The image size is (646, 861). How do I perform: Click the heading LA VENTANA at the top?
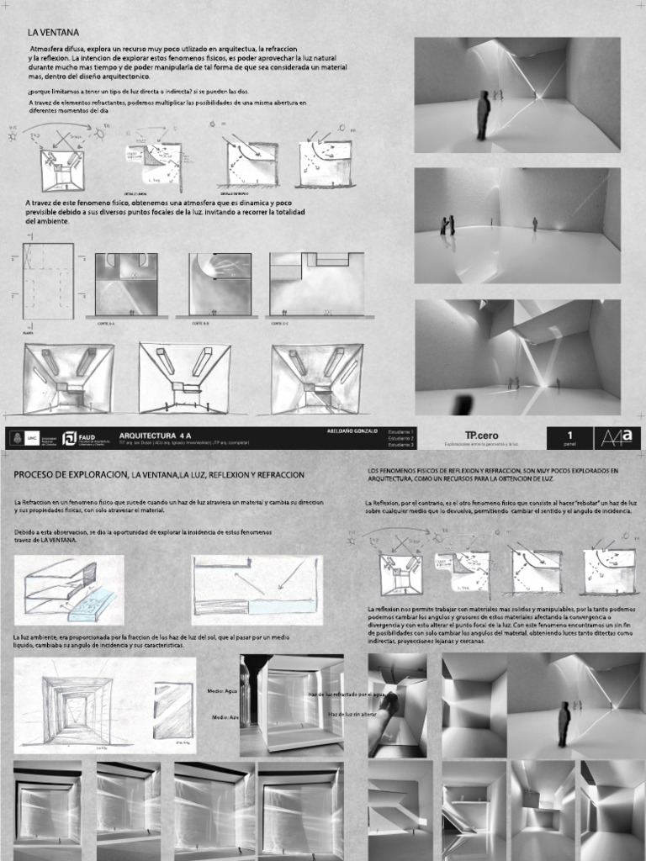[x=53, y=32]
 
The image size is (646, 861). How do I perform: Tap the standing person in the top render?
[x=484, y=114]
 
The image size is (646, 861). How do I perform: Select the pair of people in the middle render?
[x=447, y=225]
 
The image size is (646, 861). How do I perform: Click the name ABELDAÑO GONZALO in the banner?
[x=351, y=430]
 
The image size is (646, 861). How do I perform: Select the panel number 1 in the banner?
[x=569, y=435]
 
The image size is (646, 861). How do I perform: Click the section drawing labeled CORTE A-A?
[x=126, y=283]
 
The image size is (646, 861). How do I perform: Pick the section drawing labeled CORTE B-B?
[x=220, y=283]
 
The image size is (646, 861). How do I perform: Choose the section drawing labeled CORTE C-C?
[x=315, y=283]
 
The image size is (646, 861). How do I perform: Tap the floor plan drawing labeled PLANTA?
[x=48, y=281]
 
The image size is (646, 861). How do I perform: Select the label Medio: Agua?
[x=221, y=689]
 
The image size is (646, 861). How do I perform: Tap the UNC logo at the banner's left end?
[x=32, y=438]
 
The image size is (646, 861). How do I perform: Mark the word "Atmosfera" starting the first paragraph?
[x=50, y=50]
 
